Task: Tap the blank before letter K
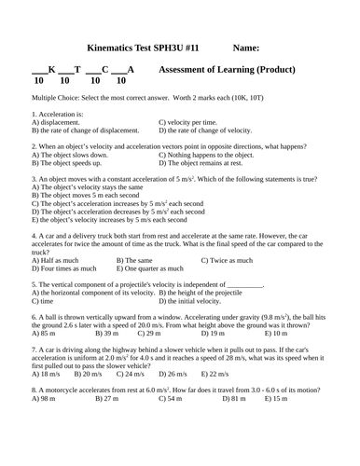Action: coord(39,71)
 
